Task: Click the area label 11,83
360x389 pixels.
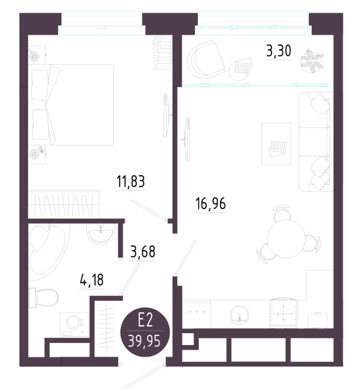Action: coord(131,181)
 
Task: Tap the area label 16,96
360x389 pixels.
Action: coord(210,204)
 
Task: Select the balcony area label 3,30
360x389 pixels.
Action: coord(279,51)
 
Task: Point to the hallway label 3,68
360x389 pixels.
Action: coord(143,252)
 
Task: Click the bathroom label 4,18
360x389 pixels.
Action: coord(92,280)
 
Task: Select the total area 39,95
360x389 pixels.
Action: coord(145,342)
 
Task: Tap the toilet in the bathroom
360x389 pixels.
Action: coord(44,298)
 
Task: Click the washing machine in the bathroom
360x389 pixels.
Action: coord(74,324)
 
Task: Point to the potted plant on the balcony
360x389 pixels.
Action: coord(312,61)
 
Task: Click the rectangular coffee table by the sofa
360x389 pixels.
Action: coord(276,143)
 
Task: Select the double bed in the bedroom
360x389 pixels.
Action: coord(71,105)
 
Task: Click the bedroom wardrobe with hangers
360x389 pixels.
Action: coord(64,204)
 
